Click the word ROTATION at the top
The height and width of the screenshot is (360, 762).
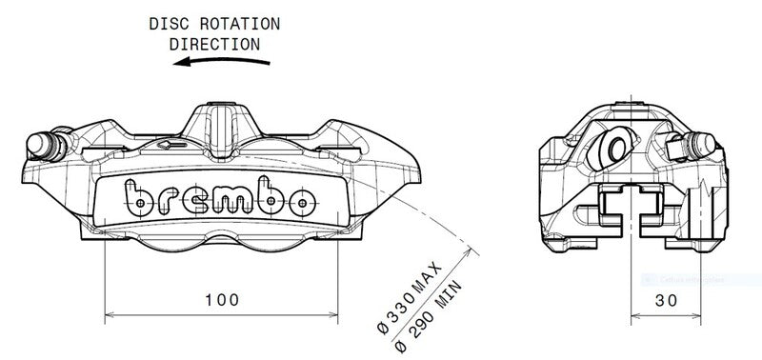(x=229, y=24)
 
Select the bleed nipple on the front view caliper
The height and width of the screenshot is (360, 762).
(x=42, y=143)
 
